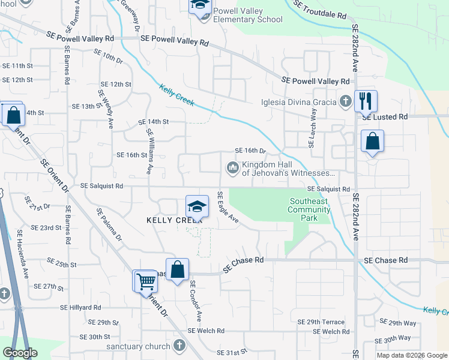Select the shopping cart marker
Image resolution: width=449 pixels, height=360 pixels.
[145, 280]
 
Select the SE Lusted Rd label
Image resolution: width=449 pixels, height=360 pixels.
[385, 116]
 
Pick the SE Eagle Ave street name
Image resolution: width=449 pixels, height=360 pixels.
[228, 207]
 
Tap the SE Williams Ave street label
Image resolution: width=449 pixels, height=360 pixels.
[148, 154]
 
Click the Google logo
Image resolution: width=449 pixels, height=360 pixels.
[20, 353]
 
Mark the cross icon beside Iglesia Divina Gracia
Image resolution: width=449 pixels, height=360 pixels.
[345, 101]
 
